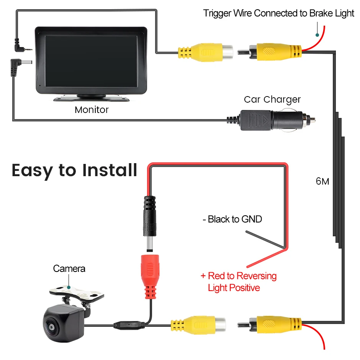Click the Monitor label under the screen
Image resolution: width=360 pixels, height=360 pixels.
92,110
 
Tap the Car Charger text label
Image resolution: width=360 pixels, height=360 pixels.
272,100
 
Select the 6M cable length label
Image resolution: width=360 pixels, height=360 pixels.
322,182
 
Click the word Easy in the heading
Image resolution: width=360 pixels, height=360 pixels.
33,171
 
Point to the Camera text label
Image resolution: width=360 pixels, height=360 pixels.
69,268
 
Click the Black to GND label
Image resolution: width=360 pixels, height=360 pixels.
232,219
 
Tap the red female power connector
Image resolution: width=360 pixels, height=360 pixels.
150,277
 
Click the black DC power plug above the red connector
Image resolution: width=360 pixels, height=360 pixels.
150,223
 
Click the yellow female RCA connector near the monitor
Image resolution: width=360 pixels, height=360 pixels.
206,52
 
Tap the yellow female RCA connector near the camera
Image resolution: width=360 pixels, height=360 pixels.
198,325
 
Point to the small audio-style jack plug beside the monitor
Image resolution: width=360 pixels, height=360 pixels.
23,46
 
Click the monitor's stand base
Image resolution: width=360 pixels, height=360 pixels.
92,98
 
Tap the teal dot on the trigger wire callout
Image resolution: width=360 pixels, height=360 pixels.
317,35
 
